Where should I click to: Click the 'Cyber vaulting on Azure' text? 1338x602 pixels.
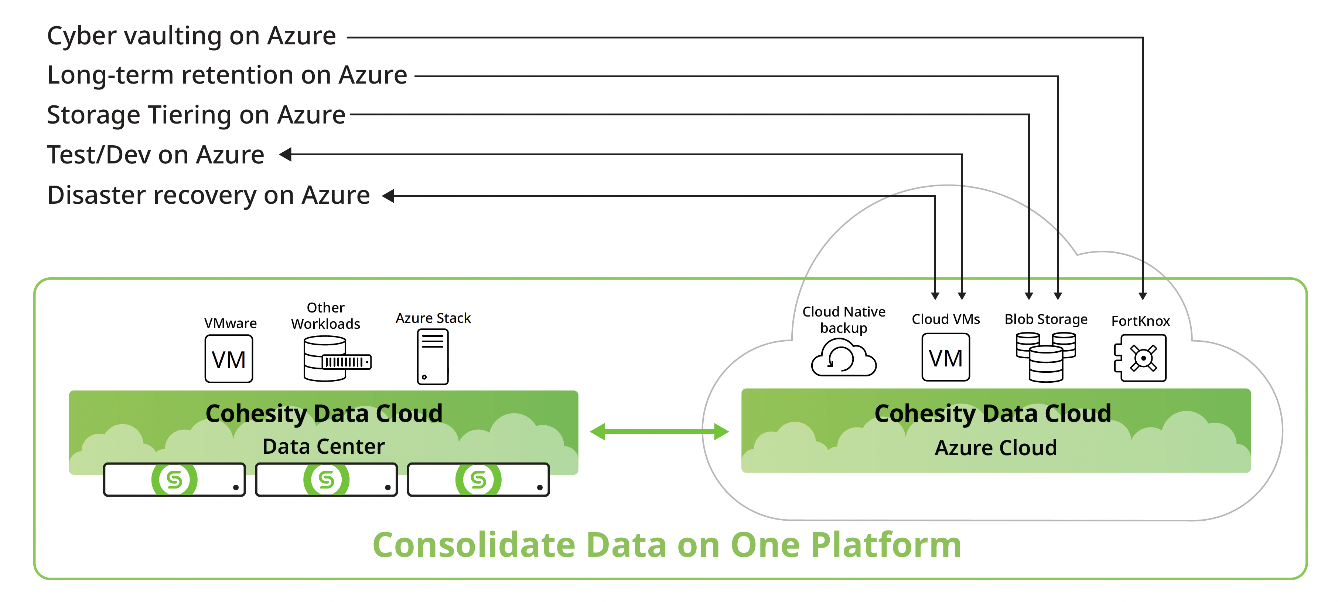pyautogui.click(x=191, y=36)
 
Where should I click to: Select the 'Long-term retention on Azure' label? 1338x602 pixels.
pyautogui.click(x=227, y=75)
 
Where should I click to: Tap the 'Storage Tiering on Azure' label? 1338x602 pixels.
pyautogui.click(x=196, y=115)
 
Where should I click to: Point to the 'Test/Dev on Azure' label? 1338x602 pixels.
pyautogui.click(x=155, y=155)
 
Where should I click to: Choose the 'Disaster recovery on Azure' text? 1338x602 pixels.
pyautogui.click(x=208, y=196)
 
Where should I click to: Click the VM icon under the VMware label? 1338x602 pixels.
pyautogui.click(x=229, y=359)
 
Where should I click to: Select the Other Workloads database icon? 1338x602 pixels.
pyautogui.click(x=337, y=359)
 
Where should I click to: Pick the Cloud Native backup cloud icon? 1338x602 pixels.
pyautogui.click(x=843, y=358)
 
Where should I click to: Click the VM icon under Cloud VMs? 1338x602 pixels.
pyautogui.click(x=945, y=358)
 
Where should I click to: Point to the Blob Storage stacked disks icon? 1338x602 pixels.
pyautogui.click(x=1045, y=357)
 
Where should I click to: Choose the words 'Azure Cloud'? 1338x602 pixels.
pyautogui.click(x=995, y=447)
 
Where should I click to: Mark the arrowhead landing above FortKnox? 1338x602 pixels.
pyautogui.click(x=1143, y=296)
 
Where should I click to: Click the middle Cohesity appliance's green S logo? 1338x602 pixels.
pyautogui.click(x=326, y=479)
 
